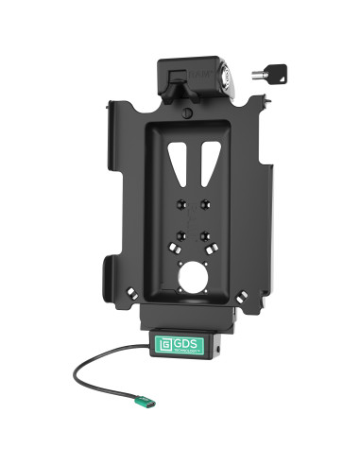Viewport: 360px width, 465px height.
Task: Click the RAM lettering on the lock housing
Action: click(199, 66)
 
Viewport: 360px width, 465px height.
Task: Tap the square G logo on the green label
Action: click(163, 338)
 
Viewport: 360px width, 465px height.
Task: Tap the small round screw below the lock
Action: click(189, 112)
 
